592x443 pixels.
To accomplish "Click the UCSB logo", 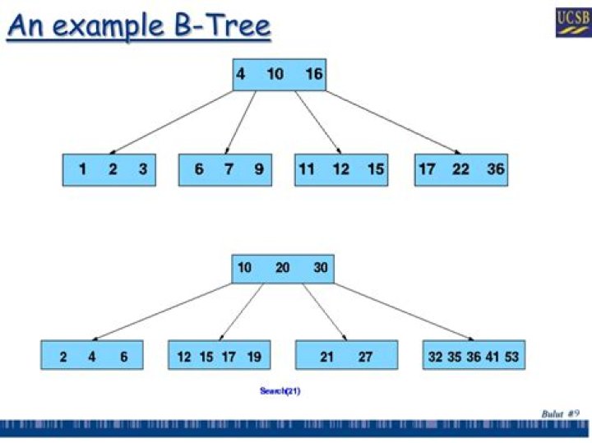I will [x=572, y=20].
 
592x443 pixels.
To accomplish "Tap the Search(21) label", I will [x=280, y=390].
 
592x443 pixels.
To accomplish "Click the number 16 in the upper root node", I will [x=313, y=74].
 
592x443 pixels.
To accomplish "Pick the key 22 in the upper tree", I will [x=461, y=169].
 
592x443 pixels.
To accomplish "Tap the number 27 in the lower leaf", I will [x=365, y=357].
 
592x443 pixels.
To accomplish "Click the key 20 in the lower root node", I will [x=282, y=268].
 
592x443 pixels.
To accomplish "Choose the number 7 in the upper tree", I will [x=229, y=169].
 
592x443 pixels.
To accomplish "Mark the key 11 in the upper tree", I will [x=307, y=169].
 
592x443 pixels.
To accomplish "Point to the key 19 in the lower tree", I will [x=253, y=357].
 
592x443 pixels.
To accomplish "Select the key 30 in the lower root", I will [x=320, y=268].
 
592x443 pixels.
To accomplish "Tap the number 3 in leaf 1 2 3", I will [x=142, y=169].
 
